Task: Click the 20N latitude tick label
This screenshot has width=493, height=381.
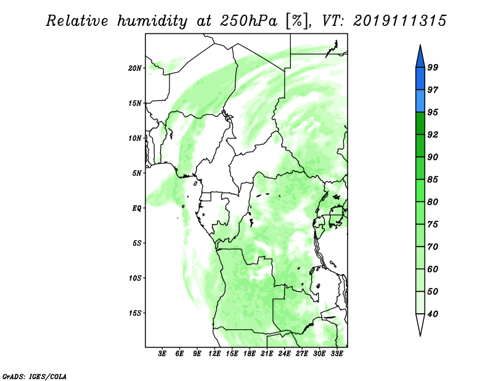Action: (135, 68)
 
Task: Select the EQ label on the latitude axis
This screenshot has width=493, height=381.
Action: (137, 208)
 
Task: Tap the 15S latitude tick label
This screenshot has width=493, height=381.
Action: (135, 313)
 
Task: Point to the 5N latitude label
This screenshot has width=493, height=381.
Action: (137, 173)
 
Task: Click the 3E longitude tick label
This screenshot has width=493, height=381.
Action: (162, 354)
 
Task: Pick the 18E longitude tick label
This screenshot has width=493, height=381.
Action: (250, 354)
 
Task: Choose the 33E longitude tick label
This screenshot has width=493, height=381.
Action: (336, 354)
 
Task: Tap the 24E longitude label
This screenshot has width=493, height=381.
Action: (284, 354)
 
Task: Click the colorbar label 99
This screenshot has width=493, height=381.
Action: (433, 67)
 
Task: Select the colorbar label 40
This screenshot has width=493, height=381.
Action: (433, 314)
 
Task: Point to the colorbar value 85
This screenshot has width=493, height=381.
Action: (433, 179)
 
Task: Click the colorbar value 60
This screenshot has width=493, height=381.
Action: (433, 269)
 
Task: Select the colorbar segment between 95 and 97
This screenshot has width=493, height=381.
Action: (420, 101)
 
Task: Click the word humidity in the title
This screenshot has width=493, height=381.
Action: (152, 21)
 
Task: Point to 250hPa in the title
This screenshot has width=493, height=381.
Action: (248, 21)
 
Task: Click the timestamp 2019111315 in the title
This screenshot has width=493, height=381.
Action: (399, 21)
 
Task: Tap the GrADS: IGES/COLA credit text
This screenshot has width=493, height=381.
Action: (35, 376)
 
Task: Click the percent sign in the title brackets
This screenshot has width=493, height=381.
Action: (296, 21)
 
